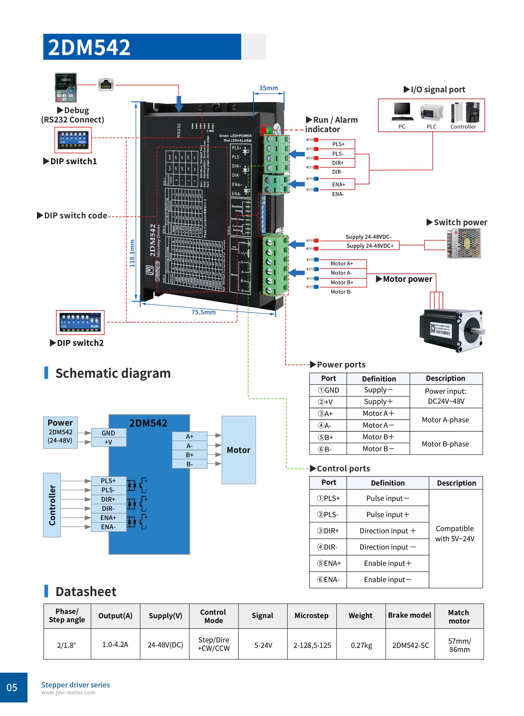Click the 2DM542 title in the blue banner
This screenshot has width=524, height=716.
click(x=89, y=47)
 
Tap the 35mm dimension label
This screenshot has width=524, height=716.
click(x=268, y=88)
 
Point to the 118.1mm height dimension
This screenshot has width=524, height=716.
click(x=132, y=253)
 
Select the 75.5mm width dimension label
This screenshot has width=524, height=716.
click(x=203, y=312)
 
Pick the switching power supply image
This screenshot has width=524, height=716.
click(x=464, y=244)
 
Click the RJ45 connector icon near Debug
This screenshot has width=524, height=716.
click(x=106, y=85)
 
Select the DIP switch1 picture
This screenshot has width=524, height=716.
click(x=73, y=140)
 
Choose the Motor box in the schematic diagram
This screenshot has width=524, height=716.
click(x=239, y=450)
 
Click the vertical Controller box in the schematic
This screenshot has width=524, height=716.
click(x=52, y=505)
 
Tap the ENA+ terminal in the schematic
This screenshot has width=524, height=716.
click(x=108, y=517)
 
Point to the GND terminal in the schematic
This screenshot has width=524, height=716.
click(x=108, y=433)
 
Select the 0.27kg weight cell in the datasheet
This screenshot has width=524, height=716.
click(x=361, y=645)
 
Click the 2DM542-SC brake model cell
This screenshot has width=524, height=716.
click(x=410, y=645)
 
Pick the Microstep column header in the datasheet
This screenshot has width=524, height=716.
click(x=311, y=615)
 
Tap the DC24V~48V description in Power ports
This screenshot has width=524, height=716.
click(x=446, y=401)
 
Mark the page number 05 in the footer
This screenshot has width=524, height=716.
click(x=12, y=687)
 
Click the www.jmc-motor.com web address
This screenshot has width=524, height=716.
click(x=68, y=693)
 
